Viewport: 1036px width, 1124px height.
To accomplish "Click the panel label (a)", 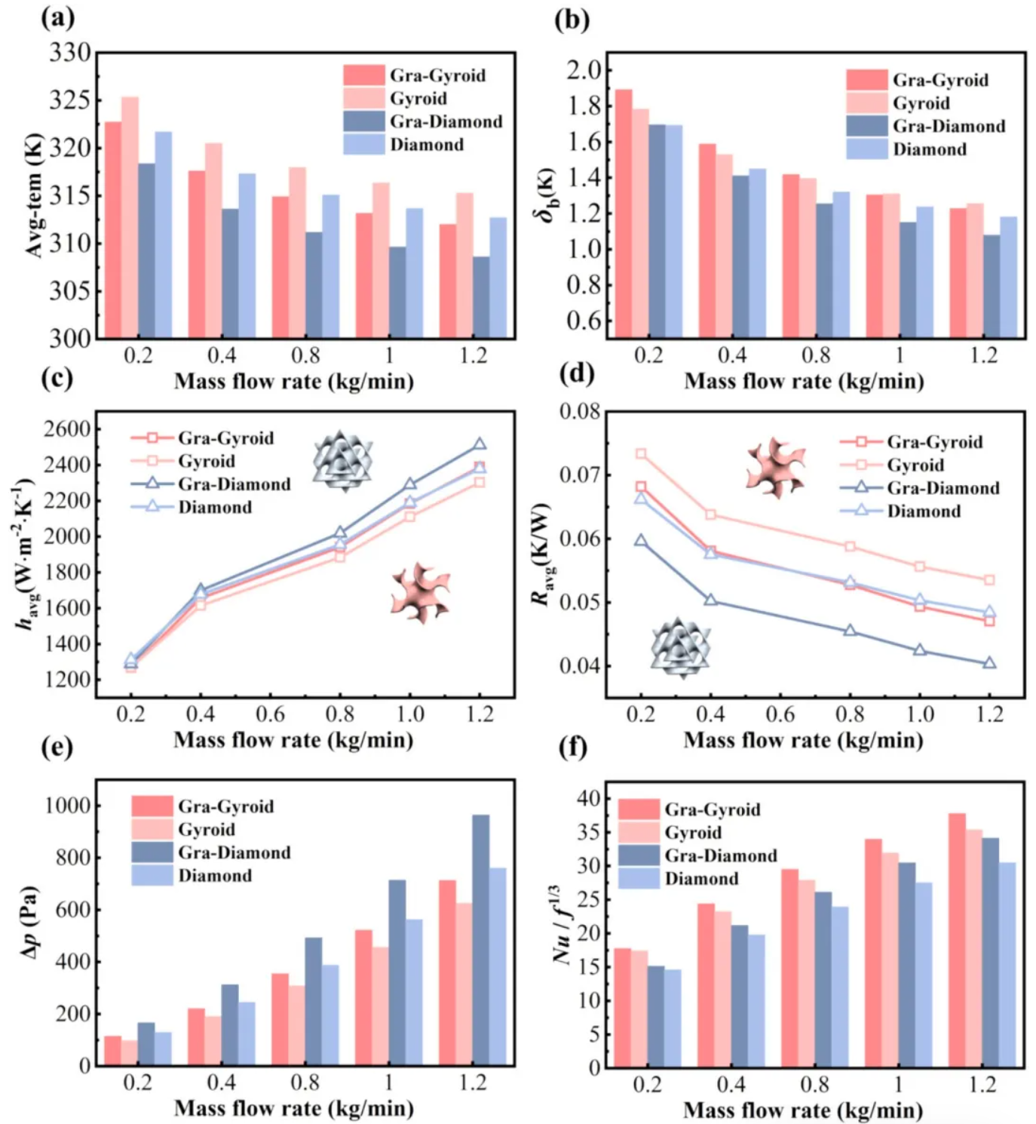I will tap(57, 17).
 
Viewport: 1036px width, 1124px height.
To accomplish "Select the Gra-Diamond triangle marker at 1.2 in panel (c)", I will tap(480, 444).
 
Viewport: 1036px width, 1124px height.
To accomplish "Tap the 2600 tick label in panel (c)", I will tap(67, 428).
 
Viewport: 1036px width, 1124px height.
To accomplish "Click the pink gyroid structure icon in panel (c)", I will tap(421, 593).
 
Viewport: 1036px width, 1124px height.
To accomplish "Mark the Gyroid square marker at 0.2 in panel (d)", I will tap(641, 453).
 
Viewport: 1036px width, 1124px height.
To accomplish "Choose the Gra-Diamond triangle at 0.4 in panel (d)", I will tap(710, 600).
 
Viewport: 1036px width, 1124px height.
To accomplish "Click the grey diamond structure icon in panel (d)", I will tap(680, 646).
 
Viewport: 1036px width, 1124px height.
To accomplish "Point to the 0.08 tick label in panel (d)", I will tap(580, 412).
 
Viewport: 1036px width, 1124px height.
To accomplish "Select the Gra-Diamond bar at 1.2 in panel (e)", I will tap(480, 939).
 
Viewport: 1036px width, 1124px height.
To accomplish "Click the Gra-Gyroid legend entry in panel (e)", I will tap(202, 806).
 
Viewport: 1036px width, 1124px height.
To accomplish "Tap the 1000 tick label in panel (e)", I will tap(67, 805).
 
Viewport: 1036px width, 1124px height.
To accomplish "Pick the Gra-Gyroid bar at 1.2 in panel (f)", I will tap(957, 939).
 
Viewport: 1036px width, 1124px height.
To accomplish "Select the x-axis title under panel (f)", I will tap(803, 1110).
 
